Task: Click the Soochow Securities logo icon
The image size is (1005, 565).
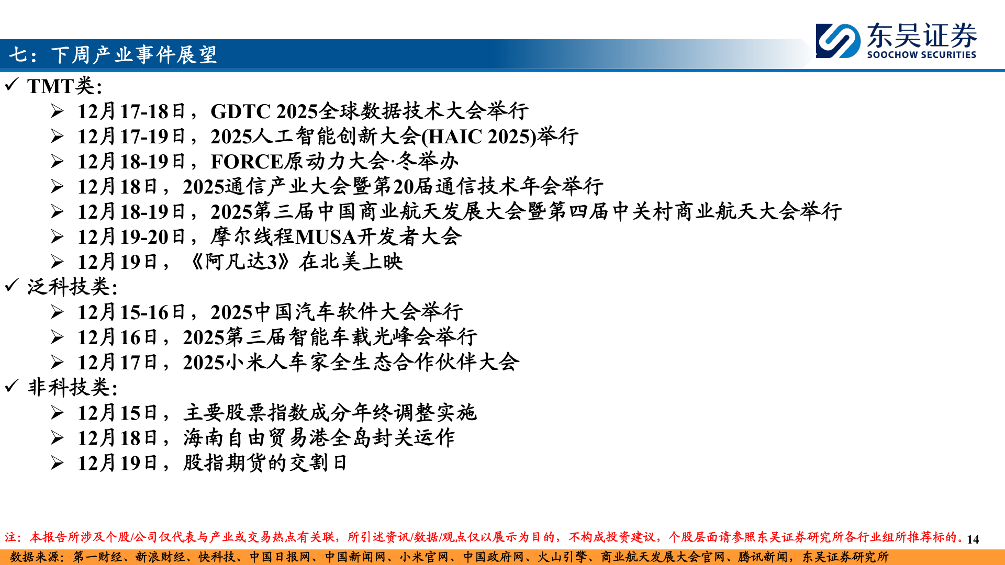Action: [x=838, y=40]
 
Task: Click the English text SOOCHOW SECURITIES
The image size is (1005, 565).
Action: [x=921, y=54]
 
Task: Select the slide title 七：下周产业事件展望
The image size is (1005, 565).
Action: [x=113, y=54]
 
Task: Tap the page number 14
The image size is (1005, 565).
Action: [x=973, y=539]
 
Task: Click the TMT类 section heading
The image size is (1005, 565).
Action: [x=64, y=86]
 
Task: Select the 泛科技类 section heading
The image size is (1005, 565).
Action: [x=72, y=287]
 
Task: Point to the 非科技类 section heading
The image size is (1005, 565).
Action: [x=72, y=388]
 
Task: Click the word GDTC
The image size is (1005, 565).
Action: [x=240, y=111]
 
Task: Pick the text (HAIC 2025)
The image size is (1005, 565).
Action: [x=479, y=137]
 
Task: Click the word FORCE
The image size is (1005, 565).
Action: [x=247, y=162]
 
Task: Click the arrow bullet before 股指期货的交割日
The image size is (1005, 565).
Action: [x=57, y=463]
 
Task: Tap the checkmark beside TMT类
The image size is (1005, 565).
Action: [x=12, y=84]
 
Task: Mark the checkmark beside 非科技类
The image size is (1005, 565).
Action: [x=12, y=386]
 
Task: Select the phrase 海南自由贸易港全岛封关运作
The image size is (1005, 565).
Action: [x=319, y=438]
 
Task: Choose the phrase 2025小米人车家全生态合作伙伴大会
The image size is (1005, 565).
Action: [x=351, y=363]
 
